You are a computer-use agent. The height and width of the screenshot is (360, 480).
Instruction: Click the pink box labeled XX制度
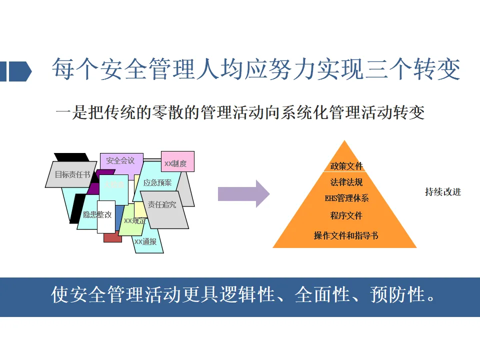point(177,162)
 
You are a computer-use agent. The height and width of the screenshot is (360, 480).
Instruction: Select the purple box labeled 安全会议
point(120,161)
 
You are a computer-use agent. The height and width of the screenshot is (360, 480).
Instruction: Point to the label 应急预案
point(157,183)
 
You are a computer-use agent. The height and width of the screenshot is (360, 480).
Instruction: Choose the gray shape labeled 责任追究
point(162,205)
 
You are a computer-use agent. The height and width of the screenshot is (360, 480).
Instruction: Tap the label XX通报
point(145,242)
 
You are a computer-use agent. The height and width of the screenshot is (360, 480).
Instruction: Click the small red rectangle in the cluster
point(112,237)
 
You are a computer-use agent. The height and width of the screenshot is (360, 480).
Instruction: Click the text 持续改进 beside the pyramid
point(443,192)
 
